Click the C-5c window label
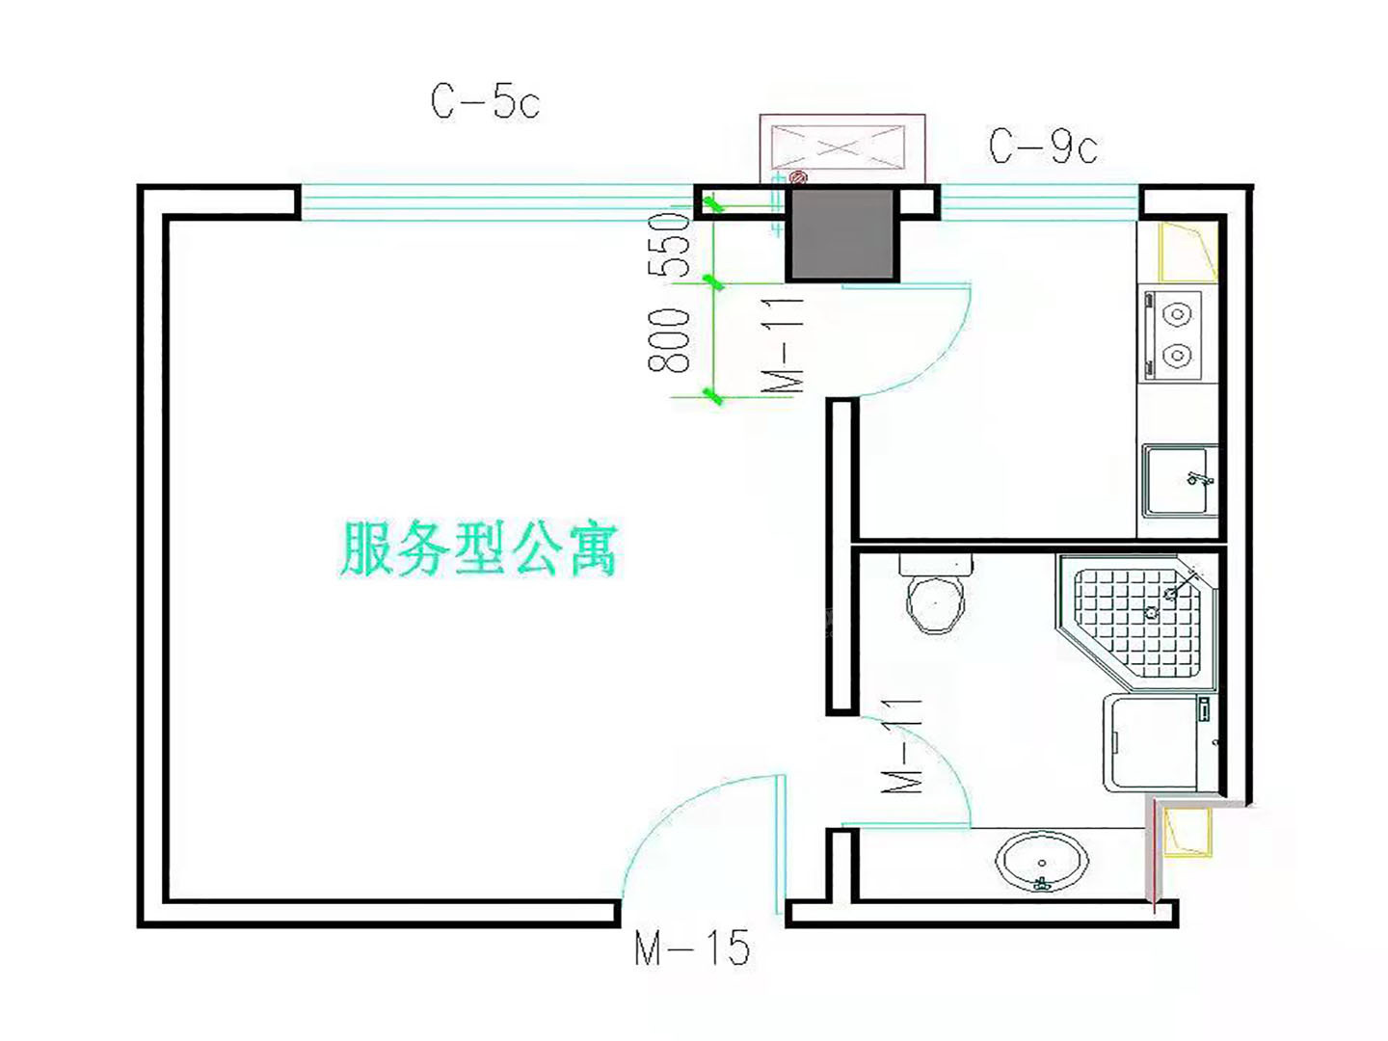click(485, 102)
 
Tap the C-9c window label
click(1042, 147)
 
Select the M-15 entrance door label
click(692, 947)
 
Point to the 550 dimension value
click(668, 245)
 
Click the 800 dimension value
click(668, 340)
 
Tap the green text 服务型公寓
click(479, 548)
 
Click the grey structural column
click(842, 234)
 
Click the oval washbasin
click(1042, 862)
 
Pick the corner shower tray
click(1135, 622)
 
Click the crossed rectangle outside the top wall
click(841, 148)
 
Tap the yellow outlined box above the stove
click(1188, 252)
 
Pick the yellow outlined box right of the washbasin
click(1188, 833)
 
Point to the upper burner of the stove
click(1177, 314)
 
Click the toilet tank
click(935, 564)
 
